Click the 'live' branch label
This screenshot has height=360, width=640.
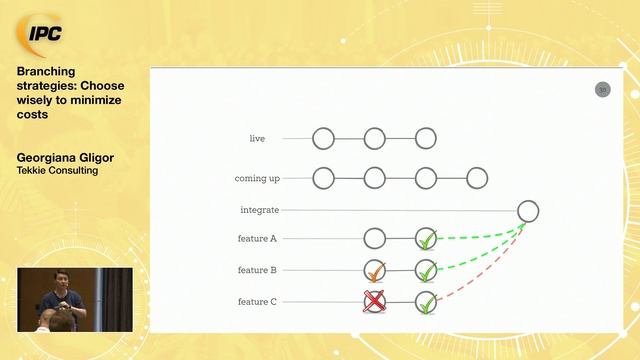point(257,138)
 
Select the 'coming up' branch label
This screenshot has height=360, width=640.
point(257,178)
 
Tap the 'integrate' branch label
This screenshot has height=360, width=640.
point(259,210)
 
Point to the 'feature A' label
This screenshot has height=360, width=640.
point(258,239)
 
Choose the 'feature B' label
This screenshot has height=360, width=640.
point(258,270)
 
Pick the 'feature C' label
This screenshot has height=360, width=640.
point(258,301)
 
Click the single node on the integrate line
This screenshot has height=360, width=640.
point(528,211)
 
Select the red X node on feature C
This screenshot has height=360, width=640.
point(374,301)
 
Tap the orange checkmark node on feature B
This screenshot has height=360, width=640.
point(375,270)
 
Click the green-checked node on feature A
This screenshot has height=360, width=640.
point(426,239)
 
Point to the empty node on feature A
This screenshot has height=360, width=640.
point(374,239)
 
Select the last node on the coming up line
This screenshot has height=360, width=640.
point(477,178)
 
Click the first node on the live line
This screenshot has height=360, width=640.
point(323,138)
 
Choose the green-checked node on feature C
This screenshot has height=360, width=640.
point(426,301)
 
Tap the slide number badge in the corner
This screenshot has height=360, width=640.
point(602,90)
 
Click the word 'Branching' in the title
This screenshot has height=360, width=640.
point(45,71)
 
